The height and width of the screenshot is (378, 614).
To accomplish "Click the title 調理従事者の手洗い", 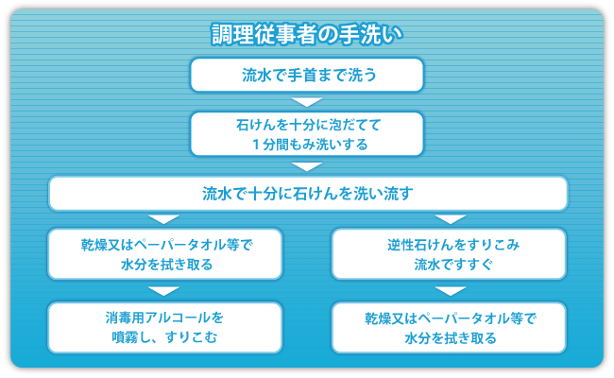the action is coord(307,34).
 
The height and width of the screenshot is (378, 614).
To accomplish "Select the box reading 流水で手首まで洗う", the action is coord(307,75).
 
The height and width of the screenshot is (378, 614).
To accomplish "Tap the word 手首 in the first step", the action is coord(302,75).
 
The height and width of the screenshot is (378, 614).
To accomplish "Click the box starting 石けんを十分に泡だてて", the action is coord(307,134).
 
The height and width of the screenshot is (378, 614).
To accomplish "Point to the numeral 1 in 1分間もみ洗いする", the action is coord(256,145).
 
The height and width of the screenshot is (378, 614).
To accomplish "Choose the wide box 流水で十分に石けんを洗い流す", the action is coord(308,194).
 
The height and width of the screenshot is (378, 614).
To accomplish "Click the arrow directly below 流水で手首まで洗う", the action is coord(307,102).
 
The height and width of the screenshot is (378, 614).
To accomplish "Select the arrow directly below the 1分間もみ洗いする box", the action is coord(307,166).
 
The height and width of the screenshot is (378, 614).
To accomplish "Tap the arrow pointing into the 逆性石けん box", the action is coord(451,219).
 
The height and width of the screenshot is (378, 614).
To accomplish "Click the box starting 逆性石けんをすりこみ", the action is coord(449,254).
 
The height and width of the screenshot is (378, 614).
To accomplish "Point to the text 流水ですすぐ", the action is coord(453,265).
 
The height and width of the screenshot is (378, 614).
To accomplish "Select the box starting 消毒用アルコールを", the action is coord(165,328).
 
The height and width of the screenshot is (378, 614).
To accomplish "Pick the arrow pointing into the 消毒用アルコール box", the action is coord(164,291).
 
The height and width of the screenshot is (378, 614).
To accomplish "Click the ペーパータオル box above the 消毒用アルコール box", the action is coord(165,254).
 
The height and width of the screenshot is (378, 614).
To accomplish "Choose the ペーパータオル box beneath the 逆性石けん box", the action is coord(449,328).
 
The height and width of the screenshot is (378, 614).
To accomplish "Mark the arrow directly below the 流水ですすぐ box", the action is coord(451,291).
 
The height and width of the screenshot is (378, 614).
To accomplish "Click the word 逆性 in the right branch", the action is coord(401,245).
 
